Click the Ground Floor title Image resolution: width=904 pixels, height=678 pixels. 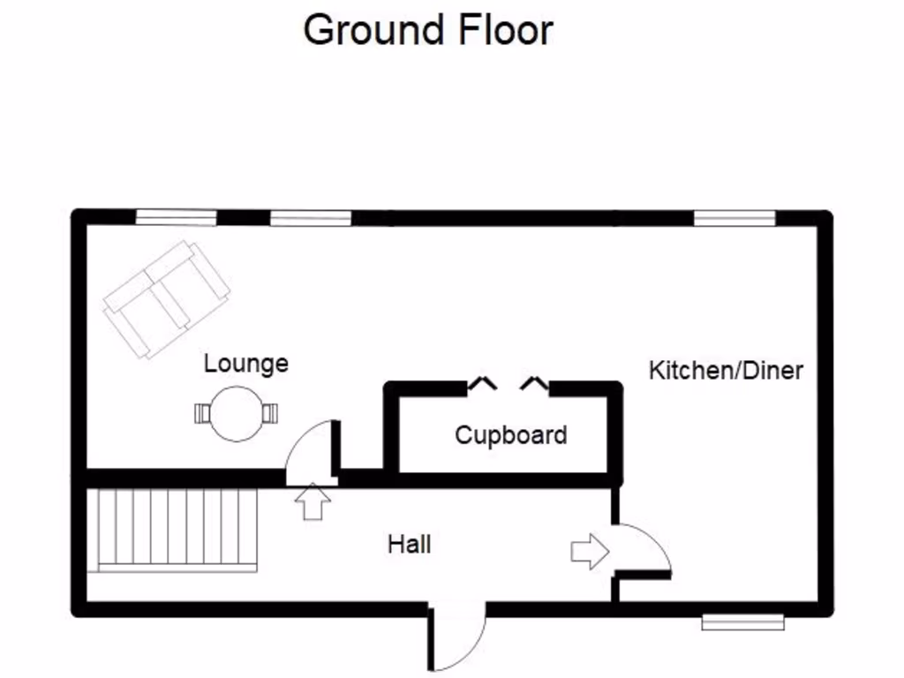427,30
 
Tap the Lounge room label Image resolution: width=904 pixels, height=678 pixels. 245,363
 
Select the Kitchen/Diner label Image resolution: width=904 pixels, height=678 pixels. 726,370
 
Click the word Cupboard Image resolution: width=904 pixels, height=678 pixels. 510,434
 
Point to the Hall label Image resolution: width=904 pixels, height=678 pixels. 410,544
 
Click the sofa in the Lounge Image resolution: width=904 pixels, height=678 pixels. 166,298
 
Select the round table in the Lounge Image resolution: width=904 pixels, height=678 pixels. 237,413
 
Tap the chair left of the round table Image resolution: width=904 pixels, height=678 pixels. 203,413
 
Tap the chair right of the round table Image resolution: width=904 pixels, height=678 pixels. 270,413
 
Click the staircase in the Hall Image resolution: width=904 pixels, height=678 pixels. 177,531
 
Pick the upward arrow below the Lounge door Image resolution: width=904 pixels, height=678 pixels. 313,501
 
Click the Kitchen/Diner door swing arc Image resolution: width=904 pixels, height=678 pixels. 648,547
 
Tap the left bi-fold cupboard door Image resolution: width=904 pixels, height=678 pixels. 481,383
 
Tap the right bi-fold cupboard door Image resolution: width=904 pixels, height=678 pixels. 535,383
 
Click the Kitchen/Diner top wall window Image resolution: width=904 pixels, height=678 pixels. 734,217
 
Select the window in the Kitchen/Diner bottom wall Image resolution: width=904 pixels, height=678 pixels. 742,622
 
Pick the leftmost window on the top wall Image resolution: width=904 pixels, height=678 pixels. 176,217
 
